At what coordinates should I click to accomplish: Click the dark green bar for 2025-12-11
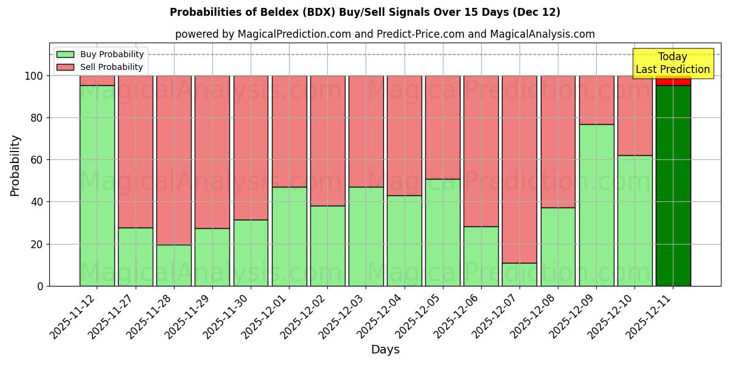pos(673,186)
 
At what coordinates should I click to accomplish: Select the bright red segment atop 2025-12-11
pos(673,81)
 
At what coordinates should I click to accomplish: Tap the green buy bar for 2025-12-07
pos(520,274)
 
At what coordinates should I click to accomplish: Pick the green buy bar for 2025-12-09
pos(596,205)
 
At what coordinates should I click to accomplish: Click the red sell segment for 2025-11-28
pos(174,160)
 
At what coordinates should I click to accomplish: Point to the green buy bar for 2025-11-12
pos(97,186)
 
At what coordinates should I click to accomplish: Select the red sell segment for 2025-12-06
pos(481,151)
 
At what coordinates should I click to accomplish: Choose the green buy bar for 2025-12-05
pos(443,232)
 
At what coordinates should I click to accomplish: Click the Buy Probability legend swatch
pos(65,54)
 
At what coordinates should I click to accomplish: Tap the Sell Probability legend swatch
pos(65,67)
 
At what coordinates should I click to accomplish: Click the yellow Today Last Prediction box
pos(673,63)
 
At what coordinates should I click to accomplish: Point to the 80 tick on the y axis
pos(38,118)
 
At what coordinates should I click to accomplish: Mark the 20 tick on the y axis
pos(38,244)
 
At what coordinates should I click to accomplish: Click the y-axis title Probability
pos(15,165)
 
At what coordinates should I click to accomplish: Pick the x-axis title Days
pos(385,350)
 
